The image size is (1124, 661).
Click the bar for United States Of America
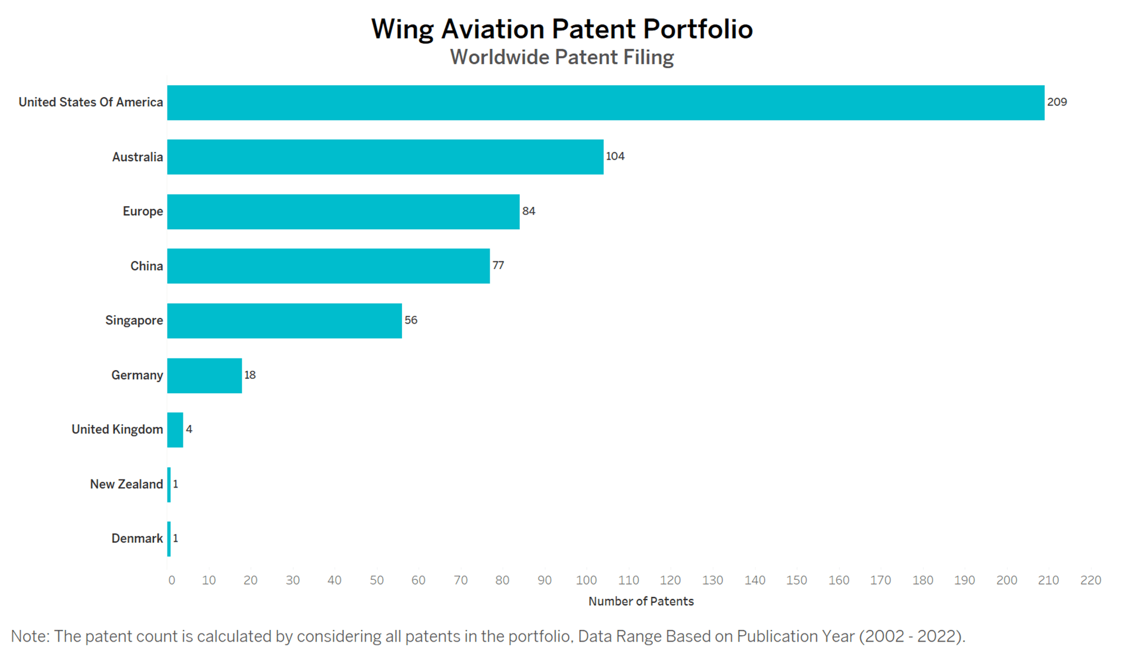coord(606,103)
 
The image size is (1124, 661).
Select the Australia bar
coord(385,157)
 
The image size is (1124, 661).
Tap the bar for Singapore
coord(285,321)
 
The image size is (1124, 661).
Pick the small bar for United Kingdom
coord(175,430)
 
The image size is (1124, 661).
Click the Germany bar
coord(205,375)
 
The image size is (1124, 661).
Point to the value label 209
coord(1056,102)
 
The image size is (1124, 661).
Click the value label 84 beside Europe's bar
coord(528,211)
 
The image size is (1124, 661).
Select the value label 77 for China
coord(498,266)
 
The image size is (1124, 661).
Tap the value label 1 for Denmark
coord(175,538)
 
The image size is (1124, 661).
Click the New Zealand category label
coord(126,484)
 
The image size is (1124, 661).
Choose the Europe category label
coord(143,212)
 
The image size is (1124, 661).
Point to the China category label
coord(146,266)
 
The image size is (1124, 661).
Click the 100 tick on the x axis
coord(586,581)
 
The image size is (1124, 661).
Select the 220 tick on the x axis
coord(1090,581)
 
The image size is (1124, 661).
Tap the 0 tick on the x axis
coord(172,581)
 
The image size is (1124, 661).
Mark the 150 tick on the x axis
coord(797,581)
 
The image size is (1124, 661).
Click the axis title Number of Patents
coord(641,601)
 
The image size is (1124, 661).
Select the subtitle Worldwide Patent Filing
coord(561,58)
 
